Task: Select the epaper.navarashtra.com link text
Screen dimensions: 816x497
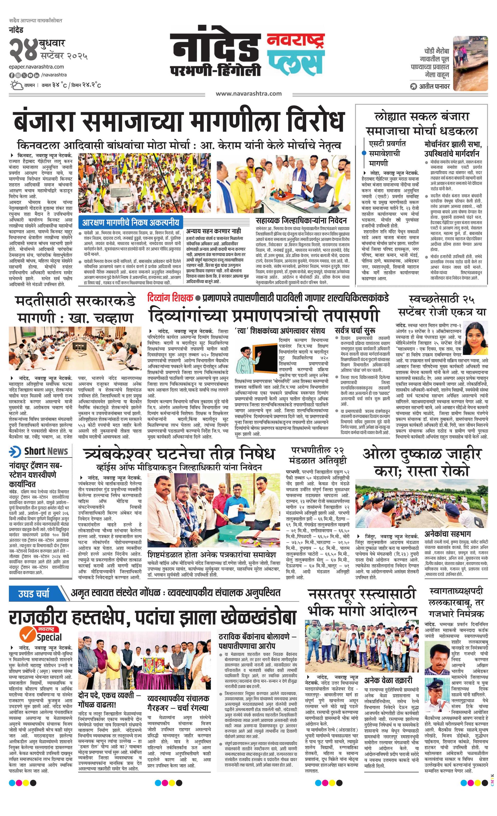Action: tap(37, 67)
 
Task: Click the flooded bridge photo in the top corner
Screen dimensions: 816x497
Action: tap(470, 63)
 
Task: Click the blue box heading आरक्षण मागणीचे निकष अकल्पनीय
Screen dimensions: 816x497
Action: tap(131, 222)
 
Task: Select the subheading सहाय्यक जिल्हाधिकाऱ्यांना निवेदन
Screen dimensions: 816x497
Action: tap(301, 220)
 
